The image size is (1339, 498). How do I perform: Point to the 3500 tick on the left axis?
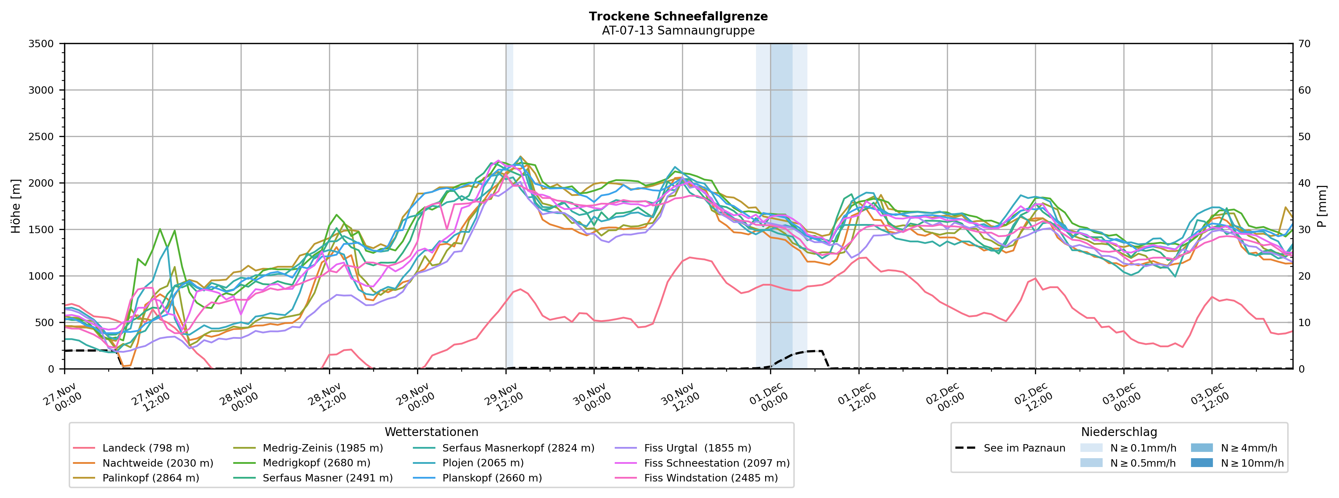41,44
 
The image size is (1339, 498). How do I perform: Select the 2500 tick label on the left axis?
41,137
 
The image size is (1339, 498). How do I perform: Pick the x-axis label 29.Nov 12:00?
502,398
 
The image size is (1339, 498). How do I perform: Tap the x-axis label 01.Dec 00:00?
766,398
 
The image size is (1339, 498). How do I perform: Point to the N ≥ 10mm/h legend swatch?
1201,463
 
